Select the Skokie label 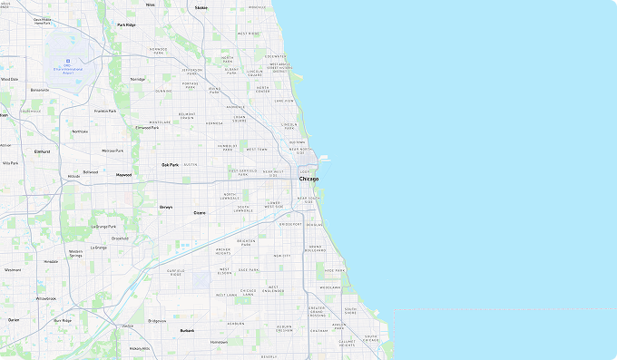pos(201,7)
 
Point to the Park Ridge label pos(126,25)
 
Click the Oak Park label pos(170,165)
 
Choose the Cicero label pos(200,212)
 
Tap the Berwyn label pos(166,207)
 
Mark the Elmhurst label pos(42,151)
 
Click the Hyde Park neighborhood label pos(335,270)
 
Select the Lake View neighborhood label pos(285,101)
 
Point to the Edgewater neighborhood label pos(275,56)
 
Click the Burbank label pos(187,331)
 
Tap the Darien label pos(14,320)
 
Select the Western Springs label pos(76,254)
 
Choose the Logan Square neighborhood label pos(240,118)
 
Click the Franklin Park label pos(105,111)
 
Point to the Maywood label pos(123,174)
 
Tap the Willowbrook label pos(45,298)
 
